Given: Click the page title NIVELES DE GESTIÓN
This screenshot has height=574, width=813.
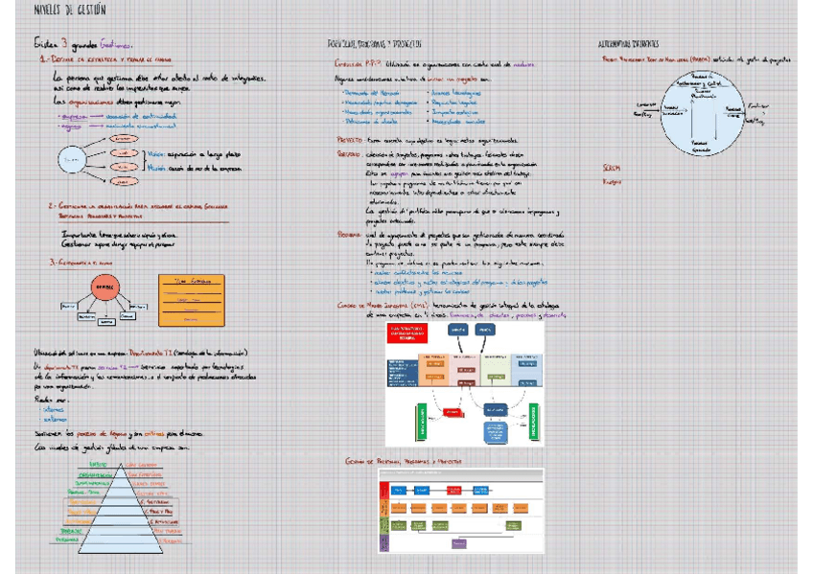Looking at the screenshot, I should pyautogui.click(x=69, y=10).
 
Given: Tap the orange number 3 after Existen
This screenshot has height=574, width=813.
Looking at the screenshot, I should pyautogui.click(x=64, y=43).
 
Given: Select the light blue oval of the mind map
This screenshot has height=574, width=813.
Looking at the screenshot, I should pyautogui.click(x=71, y=157).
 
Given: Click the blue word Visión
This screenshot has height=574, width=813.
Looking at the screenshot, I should pyautogui.click(x=155, y=153).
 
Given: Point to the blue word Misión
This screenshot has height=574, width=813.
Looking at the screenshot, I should pyautogui.click(x=156, y=168).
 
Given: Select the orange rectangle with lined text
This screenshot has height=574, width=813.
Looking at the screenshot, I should pyautogui.click(x=191, y=300).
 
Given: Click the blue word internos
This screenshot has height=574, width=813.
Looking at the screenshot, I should pyautogui.click(x=53, y=408).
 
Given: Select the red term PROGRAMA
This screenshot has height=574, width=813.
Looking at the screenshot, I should pyautogui.click(x=349, y=233).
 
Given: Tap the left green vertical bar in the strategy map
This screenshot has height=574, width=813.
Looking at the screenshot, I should pyautogui.click(x=418, y=420).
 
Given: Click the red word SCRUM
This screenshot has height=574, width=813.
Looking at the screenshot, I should pyautogui.click(x=611, y=168).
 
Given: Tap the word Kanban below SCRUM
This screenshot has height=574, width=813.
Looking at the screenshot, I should pyautogui.click(x=612, y=181).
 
